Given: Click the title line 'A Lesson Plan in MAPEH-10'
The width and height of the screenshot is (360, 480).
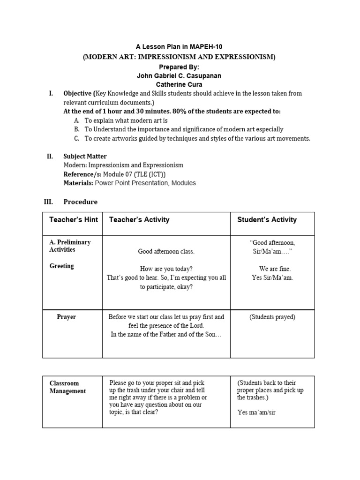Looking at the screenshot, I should pyautogui.click(x=180, y=47).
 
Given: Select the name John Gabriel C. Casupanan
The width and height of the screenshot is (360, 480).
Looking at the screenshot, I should pyautogui.click(x=180, y=75).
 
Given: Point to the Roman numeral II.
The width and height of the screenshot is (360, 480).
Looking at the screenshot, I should pyautogui.click(x=50, y=156).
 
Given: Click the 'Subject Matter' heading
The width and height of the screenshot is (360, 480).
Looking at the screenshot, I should pyautogui.click(x=85, y=156).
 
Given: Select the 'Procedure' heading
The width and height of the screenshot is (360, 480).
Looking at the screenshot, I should pyautogui.click(x=81, y=202).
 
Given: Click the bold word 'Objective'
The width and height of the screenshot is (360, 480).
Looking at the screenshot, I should pyautogui.click(x=77, y=93).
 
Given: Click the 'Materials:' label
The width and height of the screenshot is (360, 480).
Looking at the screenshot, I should pyautogui.click(x=78, y=183).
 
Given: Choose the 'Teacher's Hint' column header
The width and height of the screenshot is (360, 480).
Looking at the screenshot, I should pyautogui.click(x=73, y=219).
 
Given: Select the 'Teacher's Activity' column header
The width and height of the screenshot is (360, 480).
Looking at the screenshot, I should pyautogui.click(x=139, y=219).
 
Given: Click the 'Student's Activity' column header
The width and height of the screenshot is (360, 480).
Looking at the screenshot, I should pyautogui.click(x=267, y=219).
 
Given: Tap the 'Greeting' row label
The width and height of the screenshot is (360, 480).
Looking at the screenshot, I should pyautogui.click(x=62, y=266).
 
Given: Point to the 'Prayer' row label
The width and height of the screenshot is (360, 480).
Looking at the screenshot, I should pyautogui.click(x=66, y=317).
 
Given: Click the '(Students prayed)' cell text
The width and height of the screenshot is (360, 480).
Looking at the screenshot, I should pyautogui.click(x=272, y=317).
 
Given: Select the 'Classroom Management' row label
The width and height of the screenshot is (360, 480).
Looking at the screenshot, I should pyautogui.click(x=67, y=387).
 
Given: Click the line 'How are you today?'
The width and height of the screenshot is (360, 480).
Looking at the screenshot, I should pyautogui.click(x=166, y=269).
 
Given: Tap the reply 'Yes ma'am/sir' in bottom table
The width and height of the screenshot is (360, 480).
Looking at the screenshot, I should pyautogui.click(x=256, y=412).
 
